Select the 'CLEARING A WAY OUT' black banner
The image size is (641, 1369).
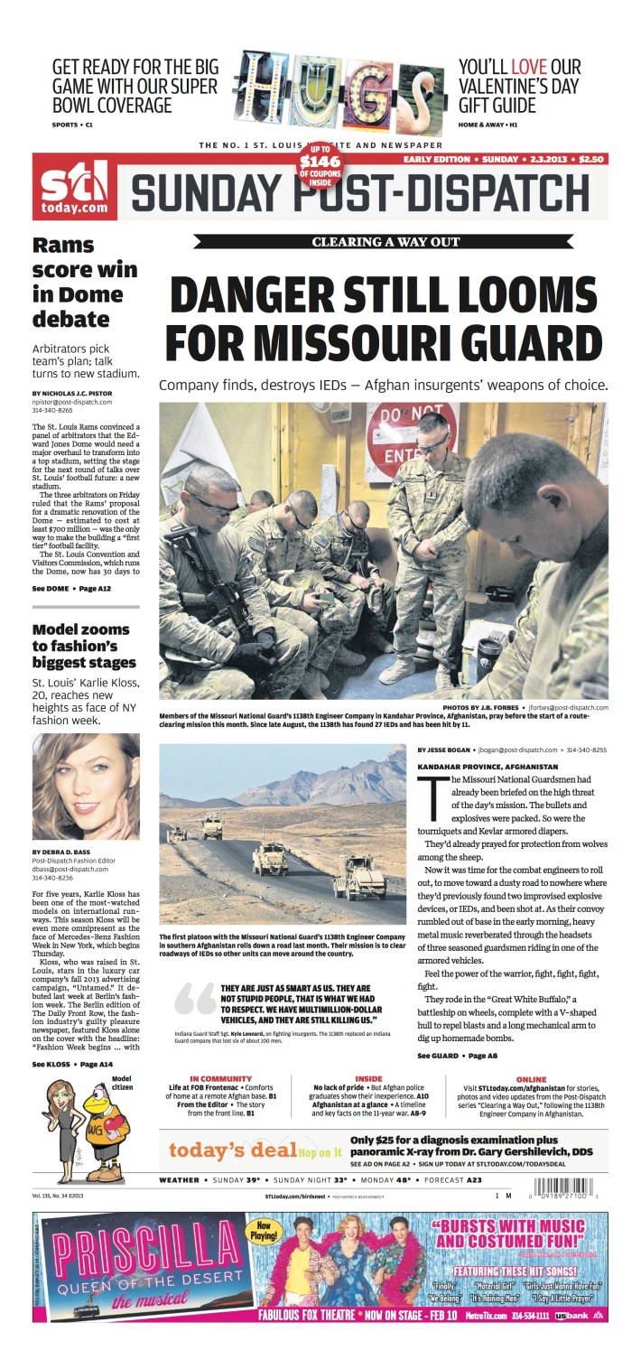(x=386, y=242)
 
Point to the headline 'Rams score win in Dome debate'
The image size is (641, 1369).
(x=84, y=282)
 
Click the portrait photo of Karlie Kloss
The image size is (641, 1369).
(x=86, y=786)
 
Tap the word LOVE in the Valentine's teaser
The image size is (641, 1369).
(x=528, y=68)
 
